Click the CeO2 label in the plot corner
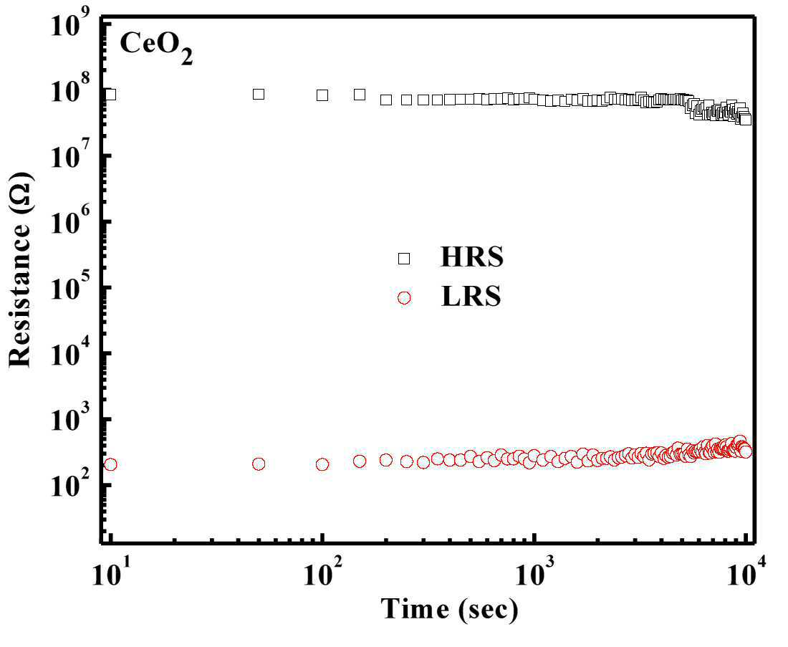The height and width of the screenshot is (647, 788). (155, 49)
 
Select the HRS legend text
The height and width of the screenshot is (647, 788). (471, 257)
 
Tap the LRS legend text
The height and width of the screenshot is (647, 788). (471, 297)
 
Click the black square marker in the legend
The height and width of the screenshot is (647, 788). (404, 259)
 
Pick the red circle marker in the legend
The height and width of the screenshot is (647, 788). (404, 297)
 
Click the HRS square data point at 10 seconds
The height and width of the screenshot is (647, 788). (110, 94)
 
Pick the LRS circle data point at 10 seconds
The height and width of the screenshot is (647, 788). (110, 464)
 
